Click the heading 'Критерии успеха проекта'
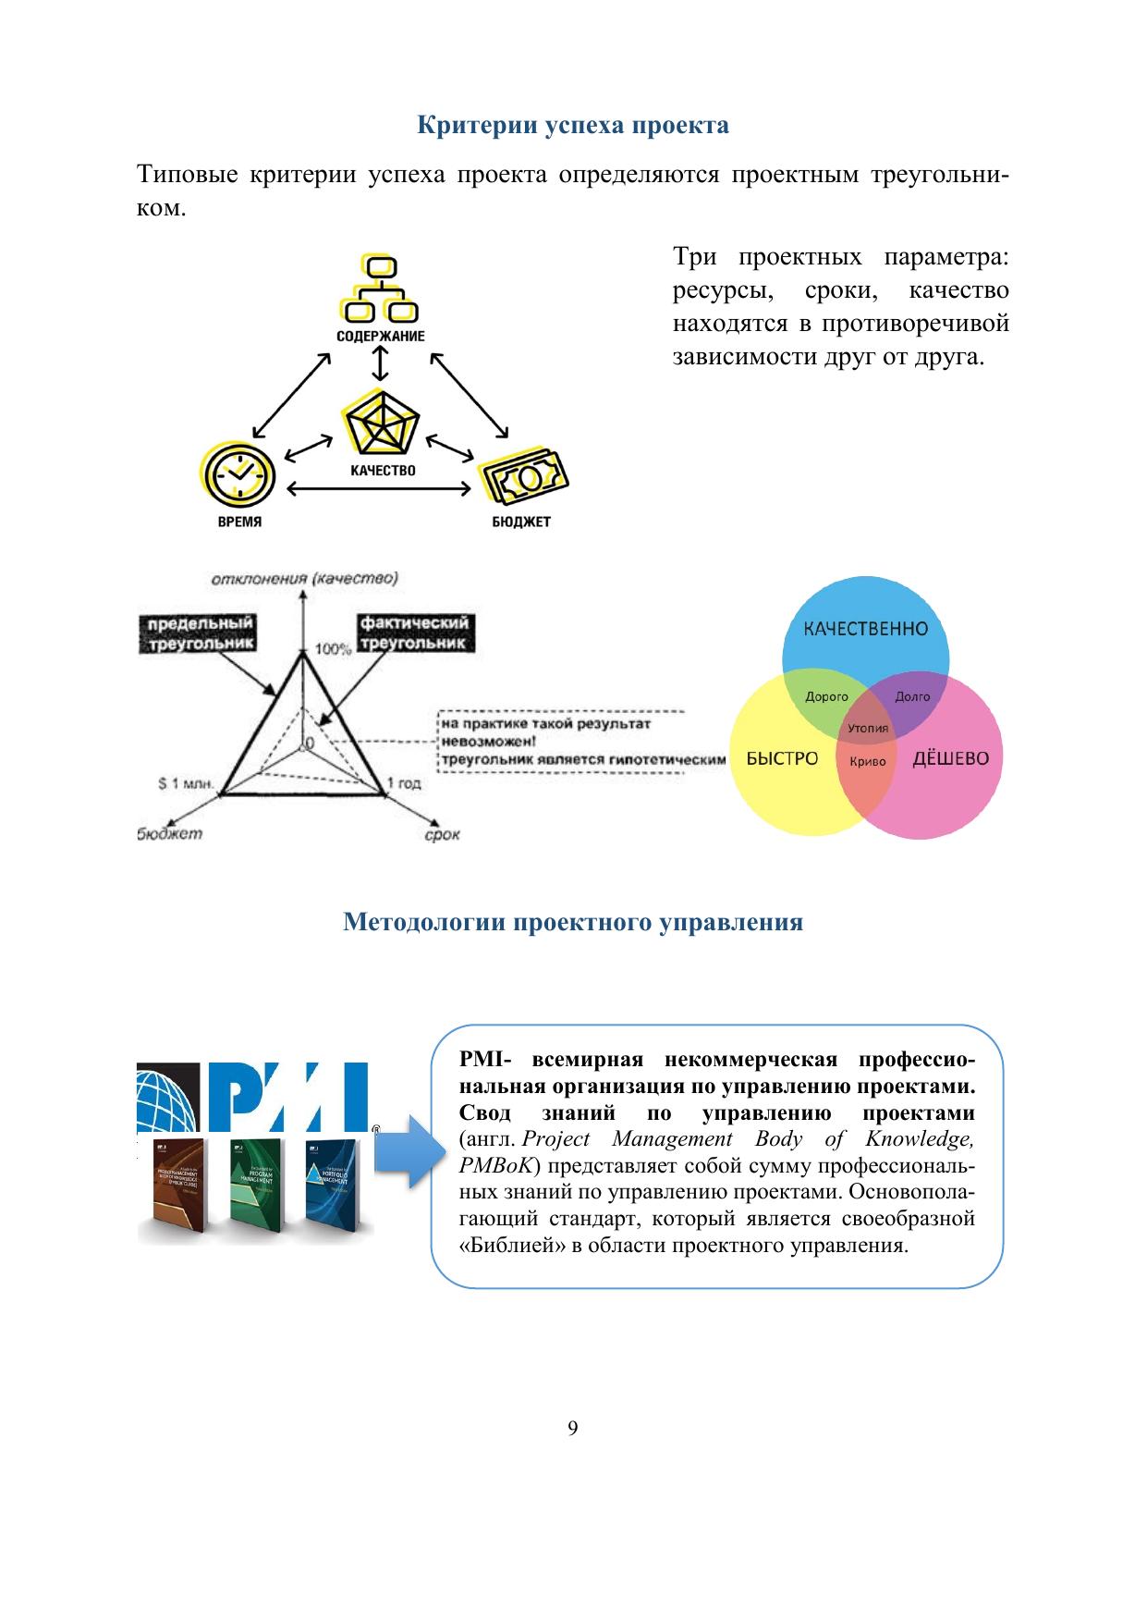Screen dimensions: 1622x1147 (x=572, y=126)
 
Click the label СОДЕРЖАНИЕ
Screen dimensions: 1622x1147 (x=380, y=337)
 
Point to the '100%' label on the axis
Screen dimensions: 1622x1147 (x=334, y=649)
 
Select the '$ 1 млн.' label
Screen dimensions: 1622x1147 (x=185, y=784)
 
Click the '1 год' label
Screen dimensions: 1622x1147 (x=404, y=783)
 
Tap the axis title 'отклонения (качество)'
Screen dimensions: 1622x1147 (x=304, y=580)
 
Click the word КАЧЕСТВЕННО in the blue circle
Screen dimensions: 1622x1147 (x=865, y=629)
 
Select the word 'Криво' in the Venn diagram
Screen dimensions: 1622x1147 (x=867, y=762)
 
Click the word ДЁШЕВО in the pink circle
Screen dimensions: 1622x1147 (x=950, y=759)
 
